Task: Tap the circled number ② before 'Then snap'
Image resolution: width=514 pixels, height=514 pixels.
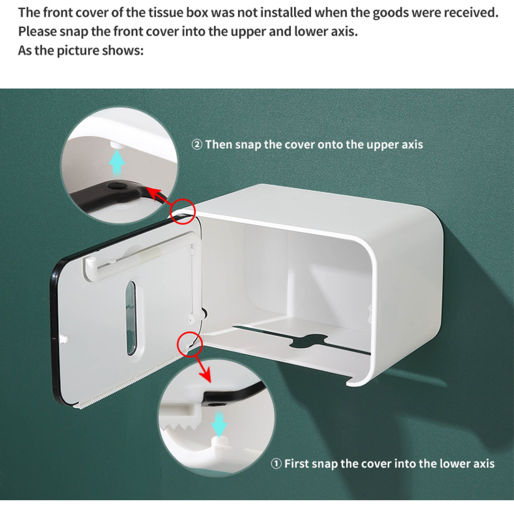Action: [x=197, y=145]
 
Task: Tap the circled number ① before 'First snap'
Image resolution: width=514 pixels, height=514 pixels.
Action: [x=276, y=464]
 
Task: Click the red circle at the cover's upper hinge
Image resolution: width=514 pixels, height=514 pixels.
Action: [x=183, y=211]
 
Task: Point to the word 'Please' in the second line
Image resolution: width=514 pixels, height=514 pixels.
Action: [x=37, y=32]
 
